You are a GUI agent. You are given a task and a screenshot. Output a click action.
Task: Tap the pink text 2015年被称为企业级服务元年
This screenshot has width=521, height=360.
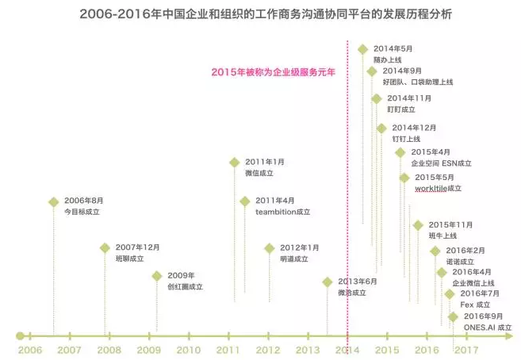point(274,71)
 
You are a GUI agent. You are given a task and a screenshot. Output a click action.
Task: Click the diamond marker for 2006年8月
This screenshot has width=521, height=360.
point(53,201)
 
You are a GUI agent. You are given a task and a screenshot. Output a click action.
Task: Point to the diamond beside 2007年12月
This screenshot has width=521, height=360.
point(105,247)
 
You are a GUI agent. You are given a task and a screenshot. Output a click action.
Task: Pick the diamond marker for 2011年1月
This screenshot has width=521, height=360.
point(234,162)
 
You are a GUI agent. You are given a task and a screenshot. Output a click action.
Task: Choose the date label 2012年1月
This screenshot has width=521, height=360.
point(300,247)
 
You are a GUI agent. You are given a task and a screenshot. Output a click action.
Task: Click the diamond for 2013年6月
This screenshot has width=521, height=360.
point(328,281)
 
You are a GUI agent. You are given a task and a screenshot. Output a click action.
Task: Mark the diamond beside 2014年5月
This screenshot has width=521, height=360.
point(362,49)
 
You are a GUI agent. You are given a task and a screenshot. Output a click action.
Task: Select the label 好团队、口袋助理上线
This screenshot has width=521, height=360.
point(418,82)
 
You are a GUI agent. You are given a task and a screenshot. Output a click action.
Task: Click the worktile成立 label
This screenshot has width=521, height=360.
point(438,189)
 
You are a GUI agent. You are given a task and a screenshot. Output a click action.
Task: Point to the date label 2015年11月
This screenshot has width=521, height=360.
point(450,224)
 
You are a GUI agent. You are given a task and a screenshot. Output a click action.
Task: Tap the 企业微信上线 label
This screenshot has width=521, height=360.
point(473,282)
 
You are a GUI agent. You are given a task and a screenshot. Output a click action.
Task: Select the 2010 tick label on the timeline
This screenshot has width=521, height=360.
point(189,350)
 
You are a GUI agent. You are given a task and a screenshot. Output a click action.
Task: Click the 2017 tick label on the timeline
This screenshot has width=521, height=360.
point(466,350)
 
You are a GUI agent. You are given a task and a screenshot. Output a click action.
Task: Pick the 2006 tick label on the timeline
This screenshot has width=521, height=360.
point(29,350)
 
